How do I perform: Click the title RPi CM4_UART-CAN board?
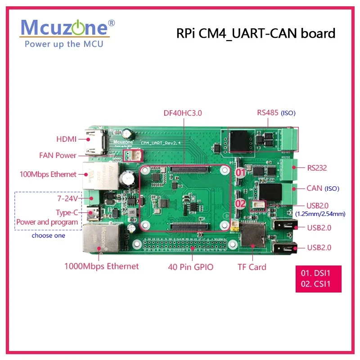(255, 33)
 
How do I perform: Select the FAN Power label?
(58, 156)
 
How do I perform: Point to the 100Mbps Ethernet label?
(48, 174)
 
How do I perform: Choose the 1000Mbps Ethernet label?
(101, 266)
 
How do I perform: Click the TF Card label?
(252, 267)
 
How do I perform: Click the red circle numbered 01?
(241, 172)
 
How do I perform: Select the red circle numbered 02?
(241, 203)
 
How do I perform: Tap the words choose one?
(48, 235)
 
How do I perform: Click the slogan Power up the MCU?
(63, 44)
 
